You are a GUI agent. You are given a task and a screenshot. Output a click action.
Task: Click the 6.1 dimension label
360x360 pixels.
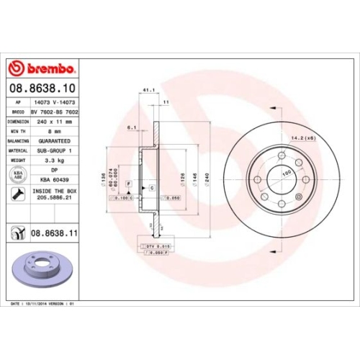click(132, 127)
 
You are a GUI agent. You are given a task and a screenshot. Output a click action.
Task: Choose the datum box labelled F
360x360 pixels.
click(129, 185)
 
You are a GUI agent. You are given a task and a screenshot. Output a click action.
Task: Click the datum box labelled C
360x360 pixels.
click(152, 186)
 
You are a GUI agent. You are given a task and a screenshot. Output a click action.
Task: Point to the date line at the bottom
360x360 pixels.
click(42, 305)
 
